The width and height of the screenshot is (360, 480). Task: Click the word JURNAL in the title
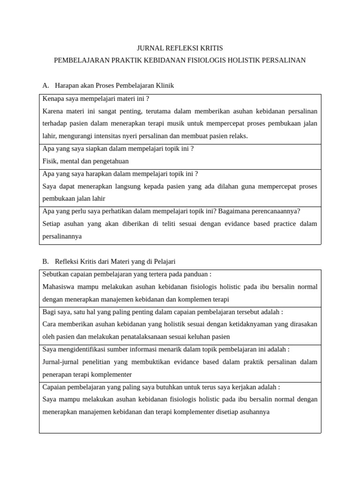(x=148, y=48)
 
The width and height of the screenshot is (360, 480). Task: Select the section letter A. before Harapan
(x=45, y=85)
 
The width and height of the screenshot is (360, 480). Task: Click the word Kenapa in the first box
(x=53, y=98)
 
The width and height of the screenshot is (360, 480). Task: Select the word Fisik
(x=51, y=161)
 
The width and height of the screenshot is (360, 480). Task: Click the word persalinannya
(x=62, y=236)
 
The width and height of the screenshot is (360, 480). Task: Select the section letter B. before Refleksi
(x=45, y=261)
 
